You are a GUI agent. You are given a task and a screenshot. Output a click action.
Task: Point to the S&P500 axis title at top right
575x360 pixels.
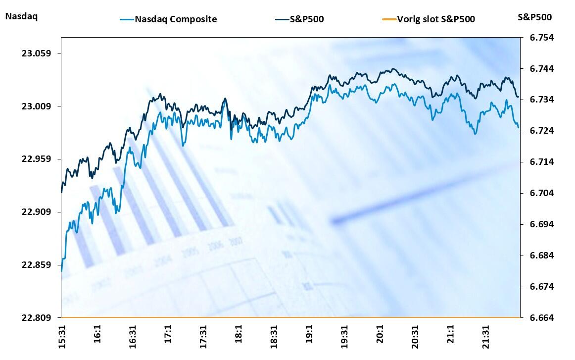point(534,17)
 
